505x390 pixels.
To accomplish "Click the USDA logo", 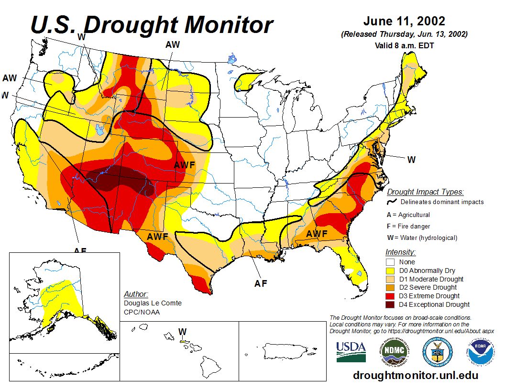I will point(351,352).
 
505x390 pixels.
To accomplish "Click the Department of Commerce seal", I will point(437,352).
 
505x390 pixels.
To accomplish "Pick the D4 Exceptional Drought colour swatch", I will point(391,304).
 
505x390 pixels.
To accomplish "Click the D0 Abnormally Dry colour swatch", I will point(391,271).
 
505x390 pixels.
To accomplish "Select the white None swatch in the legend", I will point(391,262).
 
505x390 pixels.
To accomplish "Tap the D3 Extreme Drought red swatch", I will point(391,296).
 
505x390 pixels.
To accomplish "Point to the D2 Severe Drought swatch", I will point(391,287).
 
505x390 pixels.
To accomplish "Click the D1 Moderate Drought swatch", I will point(391,279).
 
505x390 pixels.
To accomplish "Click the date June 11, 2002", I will point(404,22).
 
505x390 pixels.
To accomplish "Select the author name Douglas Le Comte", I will point(153,303).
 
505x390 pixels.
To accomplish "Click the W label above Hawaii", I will point(182,331).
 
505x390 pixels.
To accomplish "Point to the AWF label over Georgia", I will point(317,234).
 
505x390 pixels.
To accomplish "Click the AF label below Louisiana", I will point(260,283).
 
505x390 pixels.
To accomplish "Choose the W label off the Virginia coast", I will point(411,160).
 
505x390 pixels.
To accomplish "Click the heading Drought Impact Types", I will point(425,192).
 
